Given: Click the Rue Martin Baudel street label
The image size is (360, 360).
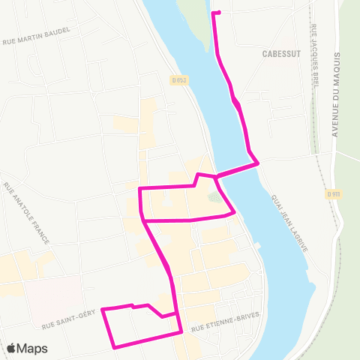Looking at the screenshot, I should pyautogui.click(x=37, y=35).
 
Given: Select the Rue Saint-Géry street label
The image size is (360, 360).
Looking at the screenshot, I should pyautogui.click(x=68, y=321).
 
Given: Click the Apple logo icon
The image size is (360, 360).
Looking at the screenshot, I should pyautogui.click(x=11, y=348).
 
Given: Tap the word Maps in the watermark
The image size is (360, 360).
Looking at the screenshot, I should pyautogui.click(x=32, y=348).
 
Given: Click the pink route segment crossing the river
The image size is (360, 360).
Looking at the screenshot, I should pyautogui.click(x=237, y=169).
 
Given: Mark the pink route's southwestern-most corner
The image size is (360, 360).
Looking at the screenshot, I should pyautogui.click(x=114, y=347).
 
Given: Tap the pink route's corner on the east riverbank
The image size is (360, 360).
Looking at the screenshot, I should pyautogui.click(x=258, y=162).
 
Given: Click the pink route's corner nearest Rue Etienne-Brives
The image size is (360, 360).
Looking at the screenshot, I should pyautogui.click(x=181, y=331).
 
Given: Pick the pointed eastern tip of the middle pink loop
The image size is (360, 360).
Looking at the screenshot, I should pyautogui.click(x=235, y=212).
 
